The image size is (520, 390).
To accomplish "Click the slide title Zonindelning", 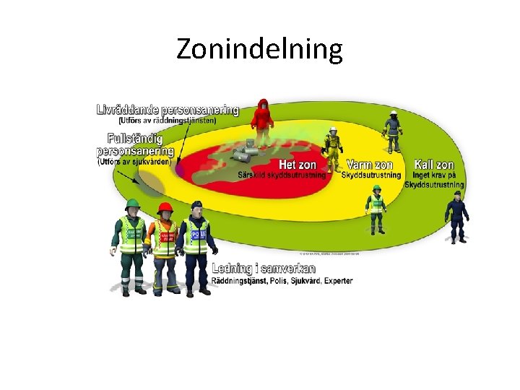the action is [259, 49].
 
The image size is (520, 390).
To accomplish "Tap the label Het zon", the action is [298, 165].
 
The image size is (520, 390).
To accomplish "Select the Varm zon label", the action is [369, 165].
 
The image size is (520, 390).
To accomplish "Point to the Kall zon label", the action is [434, 165].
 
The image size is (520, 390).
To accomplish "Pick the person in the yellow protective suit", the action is [333, 149].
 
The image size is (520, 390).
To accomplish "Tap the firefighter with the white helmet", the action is [393, 131].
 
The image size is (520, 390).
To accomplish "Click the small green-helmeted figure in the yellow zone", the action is [376, 209].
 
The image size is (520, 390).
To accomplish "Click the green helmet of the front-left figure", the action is [131, 204].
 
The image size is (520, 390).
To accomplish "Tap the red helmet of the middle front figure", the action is [165, 208].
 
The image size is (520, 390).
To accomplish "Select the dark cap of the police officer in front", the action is [197, 205].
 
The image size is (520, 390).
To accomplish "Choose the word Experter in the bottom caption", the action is [338, 280].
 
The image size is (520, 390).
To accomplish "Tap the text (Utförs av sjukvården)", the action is [134, 162].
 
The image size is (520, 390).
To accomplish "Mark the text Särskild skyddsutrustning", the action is [282, 175].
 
